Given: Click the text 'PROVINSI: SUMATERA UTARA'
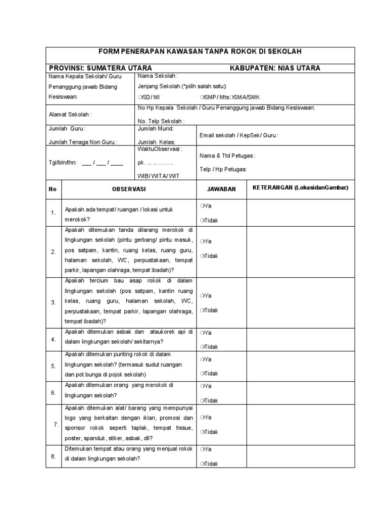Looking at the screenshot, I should pyautogui.click(x=100, y=68).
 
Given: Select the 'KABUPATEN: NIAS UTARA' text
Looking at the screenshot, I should pyautogui.click(x=275, y=68).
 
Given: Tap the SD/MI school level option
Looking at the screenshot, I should pyautogui.click(x=149, y=96).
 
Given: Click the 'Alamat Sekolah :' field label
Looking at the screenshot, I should pyautogui.click(x=70, y=115).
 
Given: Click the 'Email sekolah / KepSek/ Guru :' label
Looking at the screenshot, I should pyautogui.click(x=239, y=135).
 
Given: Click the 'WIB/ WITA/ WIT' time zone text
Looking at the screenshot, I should pyautogui.click(x=158, y=176).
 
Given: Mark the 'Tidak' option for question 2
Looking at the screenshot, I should pyautogui.click(x=209, y=256).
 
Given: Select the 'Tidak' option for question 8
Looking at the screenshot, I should pyautogui.click(x=209, y=463).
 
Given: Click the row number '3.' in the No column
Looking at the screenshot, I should pyautogui.click(x=53, y=302).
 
